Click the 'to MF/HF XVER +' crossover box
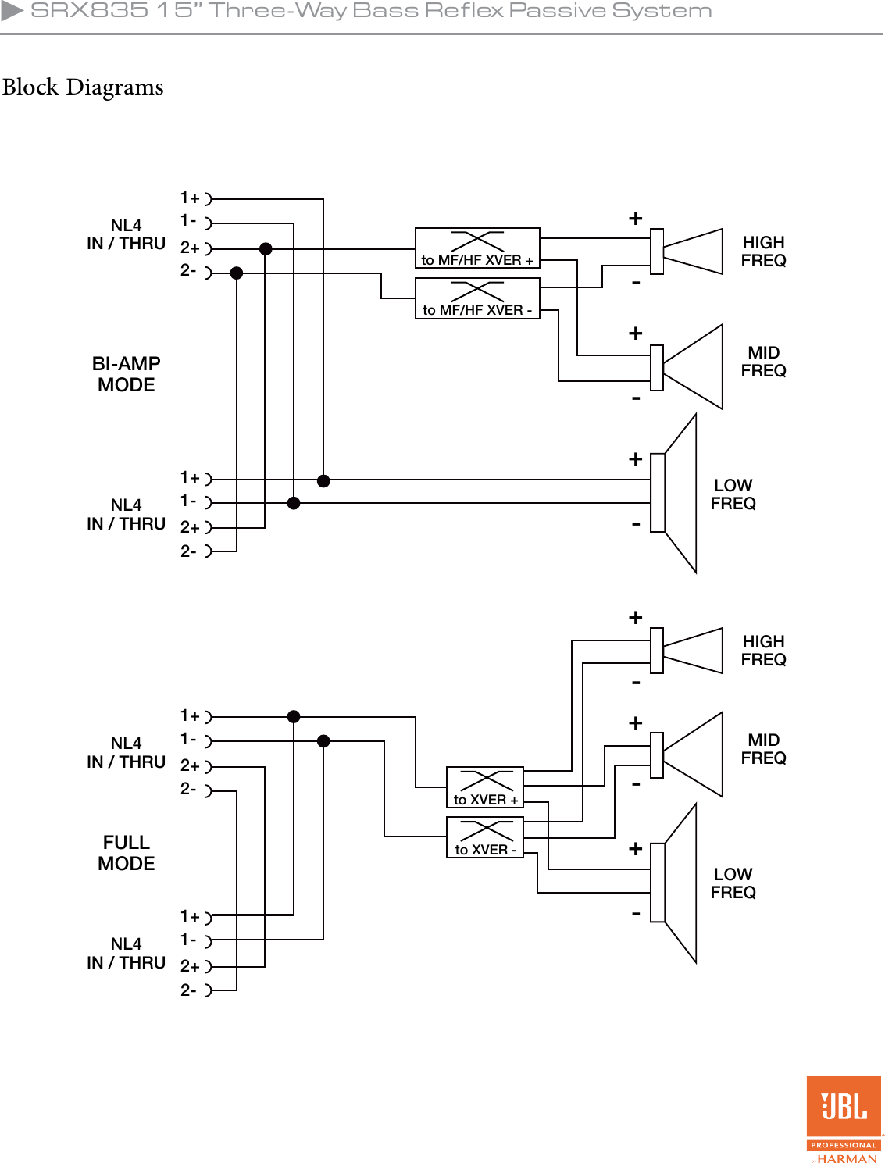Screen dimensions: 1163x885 pyautogui.click(x=477, y=248)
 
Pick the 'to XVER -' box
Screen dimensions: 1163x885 pyautogui.click(x=484, y=837)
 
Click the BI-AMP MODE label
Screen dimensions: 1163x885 pyautogui.click(x=127, y=374)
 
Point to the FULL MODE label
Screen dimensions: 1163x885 pyautogui.click(x=127, y=853)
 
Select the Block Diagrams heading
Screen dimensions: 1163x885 pyautogui.click(x=83, y=87)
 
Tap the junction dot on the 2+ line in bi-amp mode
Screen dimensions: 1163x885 pyautogui.click(x=266, y=249)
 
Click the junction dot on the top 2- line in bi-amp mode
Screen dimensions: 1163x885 pyautogui.click(x=237, y=273)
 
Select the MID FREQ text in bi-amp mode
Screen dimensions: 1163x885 pyautogui.click(x=763, y=362)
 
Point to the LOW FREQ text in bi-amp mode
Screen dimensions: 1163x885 pyautogui.click(x=733, y=494)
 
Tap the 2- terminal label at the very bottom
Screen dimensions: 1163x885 pyautogui.click(x=189, y=990)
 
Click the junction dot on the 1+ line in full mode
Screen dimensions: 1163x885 pyautogui.click(x=294, y=716)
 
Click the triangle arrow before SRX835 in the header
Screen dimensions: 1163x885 pyautogui.click(x=12, y=10)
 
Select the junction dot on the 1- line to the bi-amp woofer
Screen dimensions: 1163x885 pyautogui.click(x=294, y=503)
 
